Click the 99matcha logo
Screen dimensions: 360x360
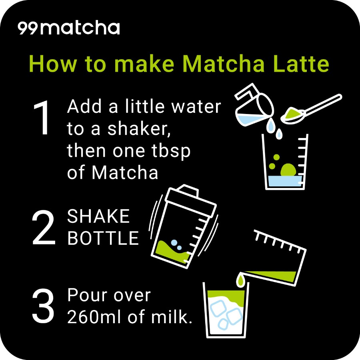tap(69, 28)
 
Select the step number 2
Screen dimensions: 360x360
tap(43, 227)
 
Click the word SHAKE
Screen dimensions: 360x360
tap(98, 216)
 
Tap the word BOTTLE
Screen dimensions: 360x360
tap(103, 238)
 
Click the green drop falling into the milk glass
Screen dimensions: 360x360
tap(240, 280)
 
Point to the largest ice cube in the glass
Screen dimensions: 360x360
tap(235, 316)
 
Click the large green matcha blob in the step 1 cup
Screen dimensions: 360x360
tap(288, 170)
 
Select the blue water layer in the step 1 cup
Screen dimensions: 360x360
tap(285, 181)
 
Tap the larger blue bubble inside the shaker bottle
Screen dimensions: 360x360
tap(174, 243)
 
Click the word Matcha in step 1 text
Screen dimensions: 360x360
tap(125, 172)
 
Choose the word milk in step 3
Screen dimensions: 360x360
tap(171, 316)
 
